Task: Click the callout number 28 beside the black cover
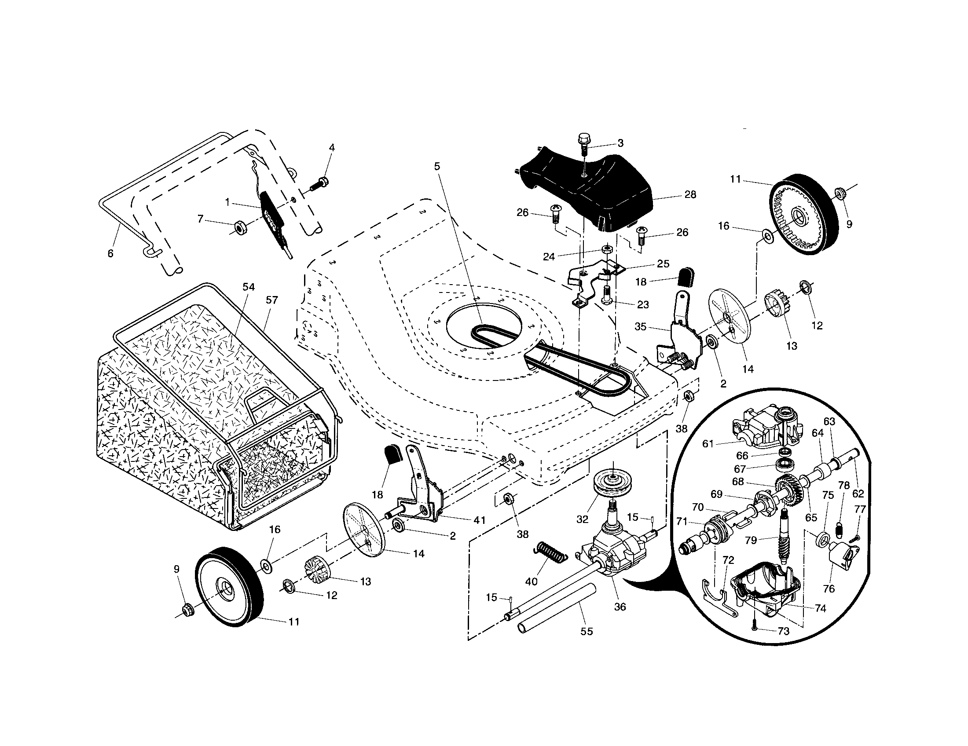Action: (690, 194)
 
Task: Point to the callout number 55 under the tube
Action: (587, 631)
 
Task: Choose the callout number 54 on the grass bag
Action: (249, 287)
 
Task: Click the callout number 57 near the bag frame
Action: (271, 300)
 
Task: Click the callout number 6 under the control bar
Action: (110, 253)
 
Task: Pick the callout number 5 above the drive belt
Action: (437, 166)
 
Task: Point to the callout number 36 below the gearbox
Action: (620, 607)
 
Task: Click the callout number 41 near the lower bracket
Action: (479, 520)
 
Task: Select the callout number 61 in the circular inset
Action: (708, 443)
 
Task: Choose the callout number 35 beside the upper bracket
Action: (640, 327)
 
